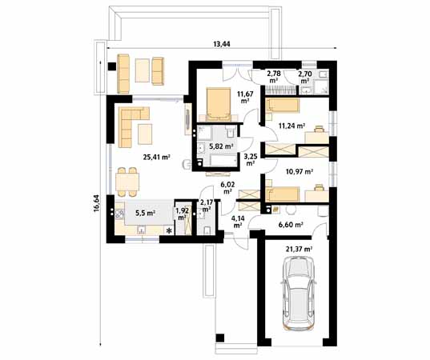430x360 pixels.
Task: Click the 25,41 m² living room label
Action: coord(156,157)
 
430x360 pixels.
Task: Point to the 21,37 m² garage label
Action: coord(299,250)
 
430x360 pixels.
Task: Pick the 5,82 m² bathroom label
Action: coord(220,146)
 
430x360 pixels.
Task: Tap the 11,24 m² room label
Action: coord(291,126)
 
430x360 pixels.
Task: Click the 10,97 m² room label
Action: coord(295,171)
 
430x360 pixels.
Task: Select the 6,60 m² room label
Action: coord(289,226)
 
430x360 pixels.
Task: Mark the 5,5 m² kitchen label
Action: coord(146,213)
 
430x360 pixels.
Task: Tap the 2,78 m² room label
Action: coord(273,77)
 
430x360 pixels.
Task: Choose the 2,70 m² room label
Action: coord(304,77)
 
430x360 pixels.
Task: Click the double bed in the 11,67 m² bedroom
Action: coord(217,102)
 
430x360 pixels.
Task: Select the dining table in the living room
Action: coord(127,182)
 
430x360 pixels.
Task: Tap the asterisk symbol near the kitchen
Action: coord(169,230)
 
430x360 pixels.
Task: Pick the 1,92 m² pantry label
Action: coord(182,214)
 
